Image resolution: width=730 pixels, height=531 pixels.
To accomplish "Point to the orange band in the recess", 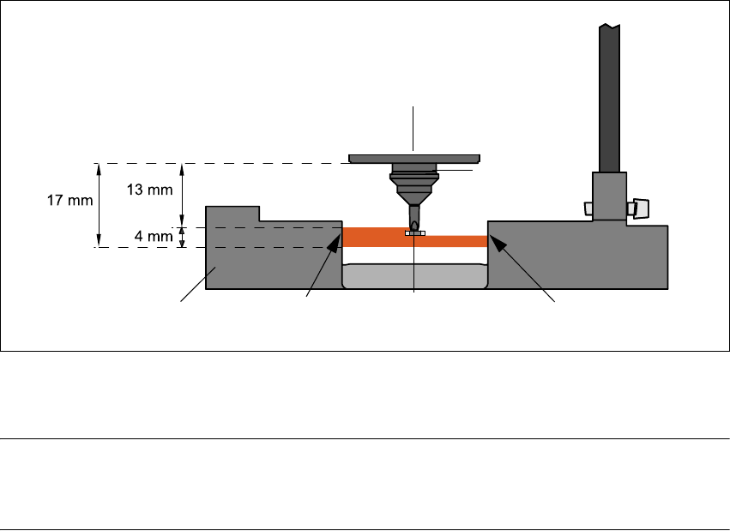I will [377, 238].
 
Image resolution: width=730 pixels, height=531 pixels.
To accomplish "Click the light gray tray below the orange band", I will [414, 276].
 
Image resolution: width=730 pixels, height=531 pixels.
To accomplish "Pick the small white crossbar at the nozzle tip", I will [414, 233].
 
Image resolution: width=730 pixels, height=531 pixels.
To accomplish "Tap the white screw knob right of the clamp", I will [639, 208].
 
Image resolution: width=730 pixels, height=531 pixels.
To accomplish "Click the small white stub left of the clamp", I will [588, 208].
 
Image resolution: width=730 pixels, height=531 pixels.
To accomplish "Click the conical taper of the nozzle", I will [414, 185].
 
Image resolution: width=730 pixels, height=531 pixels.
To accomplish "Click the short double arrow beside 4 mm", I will [184, 238].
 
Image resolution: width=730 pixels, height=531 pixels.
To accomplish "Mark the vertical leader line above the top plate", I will [414, 129].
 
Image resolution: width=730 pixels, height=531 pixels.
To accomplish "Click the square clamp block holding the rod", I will [609, 196].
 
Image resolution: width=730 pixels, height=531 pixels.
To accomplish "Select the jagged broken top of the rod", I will [610, 28].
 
